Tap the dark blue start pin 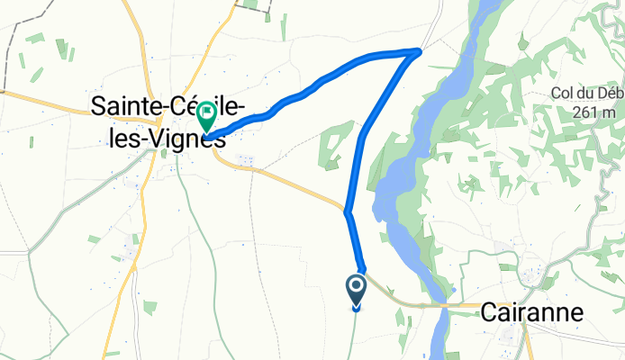356,291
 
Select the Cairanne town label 531,312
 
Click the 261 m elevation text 596,112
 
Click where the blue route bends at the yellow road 347,211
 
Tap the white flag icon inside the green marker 207,112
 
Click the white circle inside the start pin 356,287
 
